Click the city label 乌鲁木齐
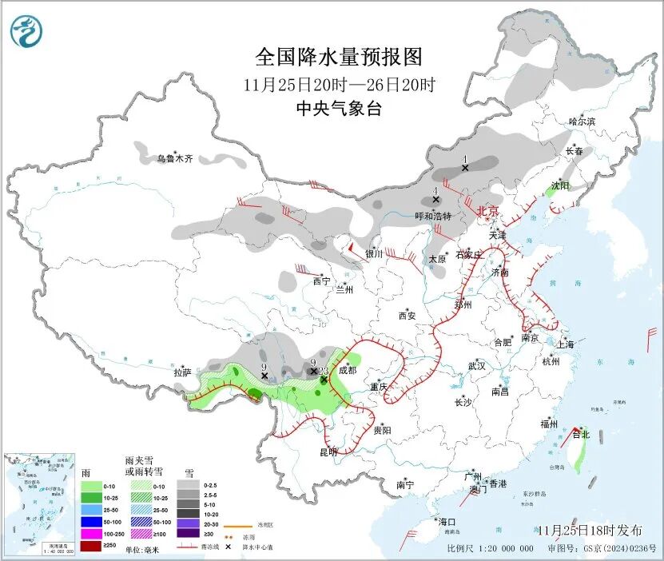click(174, 159)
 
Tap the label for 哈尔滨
click(582, 122)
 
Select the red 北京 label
click(487, 211)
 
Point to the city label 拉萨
click(182, 372)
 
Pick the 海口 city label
click(447, 521)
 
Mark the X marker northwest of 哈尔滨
click(464, 168)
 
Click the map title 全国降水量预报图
click(338, 58)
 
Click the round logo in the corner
click(27, 31)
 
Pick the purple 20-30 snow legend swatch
click(188, 521)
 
